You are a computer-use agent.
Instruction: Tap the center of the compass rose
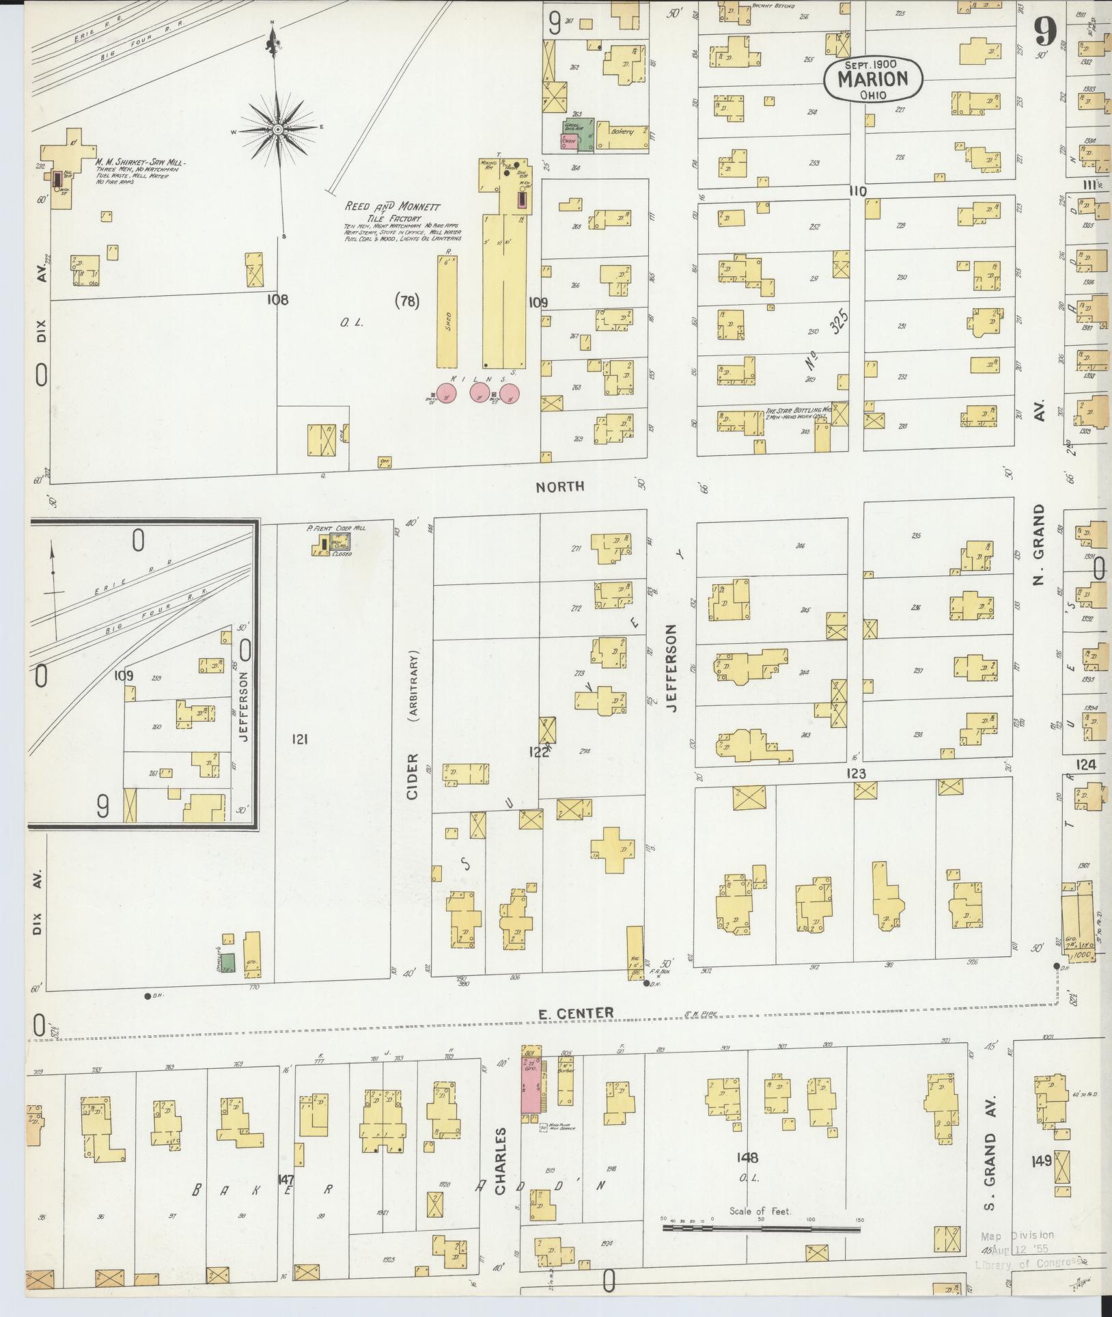tap(278, 129)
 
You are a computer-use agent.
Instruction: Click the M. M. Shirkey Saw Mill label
tap(141, 163)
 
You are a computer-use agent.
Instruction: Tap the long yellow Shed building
tap(449, 311)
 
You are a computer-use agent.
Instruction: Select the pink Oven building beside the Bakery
tap(568, 141)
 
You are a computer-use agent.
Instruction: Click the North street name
tap(559, 487)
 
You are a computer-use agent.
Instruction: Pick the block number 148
tap(747, 1158)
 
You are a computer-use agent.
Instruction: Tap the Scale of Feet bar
tap(760, 1229)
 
